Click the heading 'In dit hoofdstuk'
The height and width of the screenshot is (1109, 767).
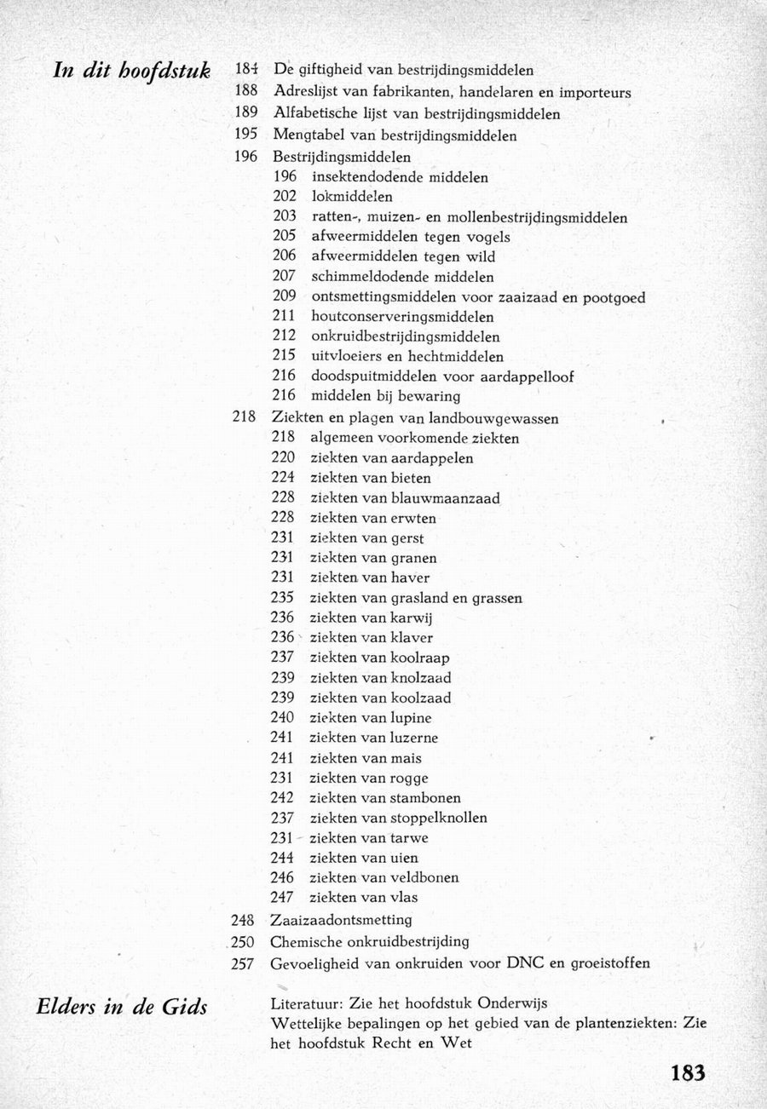(x=131, y=71)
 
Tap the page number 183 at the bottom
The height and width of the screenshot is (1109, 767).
(x=688, y=1072)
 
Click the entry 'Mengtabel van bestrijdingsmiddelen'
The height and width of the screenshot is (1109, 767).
(x=395, y=135)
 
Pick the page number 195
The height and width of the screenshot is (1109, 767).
(x=245, y=135)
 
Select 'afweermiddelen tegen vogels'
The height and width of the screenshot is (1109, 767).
(x=411, y=238)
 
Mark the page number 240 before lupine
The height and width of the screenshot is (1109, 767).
(x=283, y=718)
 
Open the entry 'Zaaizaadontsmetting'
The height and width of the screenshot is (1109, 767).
(x=341, y=921)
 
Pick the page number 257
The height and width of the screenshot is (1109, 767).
(x=245, y=964)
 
